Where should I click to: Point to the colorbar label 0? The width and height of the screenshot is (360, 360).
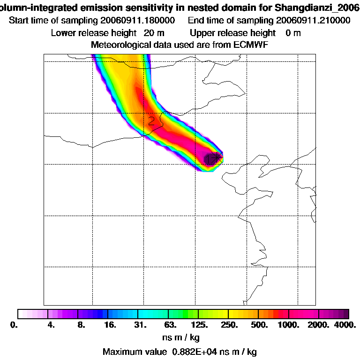(14, 324)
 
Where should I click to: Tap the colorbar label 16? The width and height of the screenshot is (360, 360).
(110, 324)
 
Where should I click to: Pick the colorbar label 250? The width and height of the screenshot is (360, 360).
(230, 324)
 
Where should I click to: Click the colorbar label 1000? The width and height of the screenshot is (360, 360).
(289, 324)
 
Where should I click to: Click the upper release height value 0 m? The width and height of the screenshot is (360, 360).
(293, 33)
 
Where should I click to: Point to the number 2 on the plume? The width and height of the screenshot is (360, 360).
(151, 120)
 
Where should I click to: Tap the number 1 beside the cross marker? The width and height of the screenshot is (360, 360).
(210, 160)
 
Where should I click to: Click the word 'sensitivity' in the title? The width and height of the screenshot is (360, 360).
(171, 8)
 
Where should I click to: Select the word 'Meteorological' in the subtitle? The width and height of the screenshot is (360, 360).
(119, 45)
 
